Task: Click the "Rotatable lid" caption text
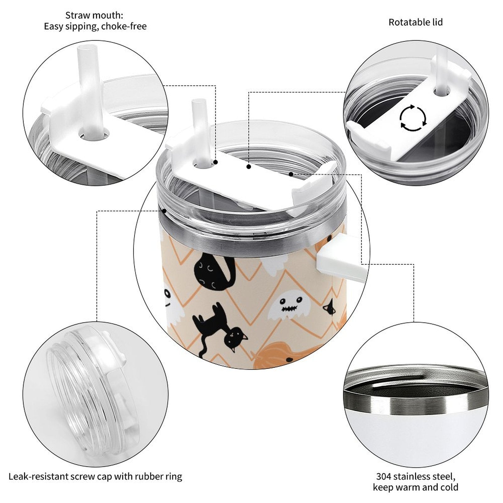tap(415, 22)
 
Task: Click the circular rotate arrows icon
tap(413, 118)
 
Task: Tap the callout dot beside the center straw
tap(216, 162)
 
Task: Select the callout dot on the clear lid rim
tap(164, 211)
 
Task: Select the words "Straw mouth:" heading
tap(94, 15)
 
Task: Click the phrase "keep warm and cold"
tap(415, 487)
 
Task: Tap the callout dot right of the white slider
tap(291, 174)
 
